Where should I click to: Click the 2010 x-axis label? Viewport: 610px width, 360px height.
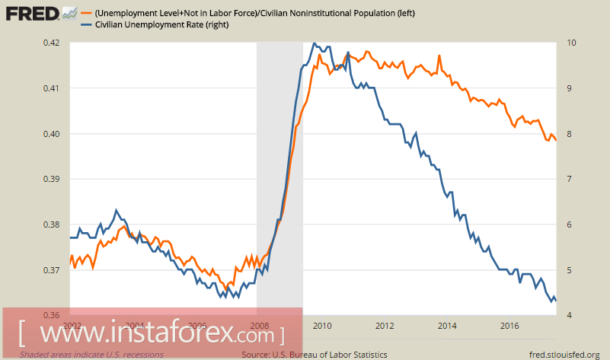[322, 326]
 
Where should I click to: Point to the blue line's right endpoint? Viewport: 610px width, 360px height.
[556, 301]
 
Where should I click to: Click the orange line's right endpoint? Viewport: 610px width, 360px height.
[556, 140]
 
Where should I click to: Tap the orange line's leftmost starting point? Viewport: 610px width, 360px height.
[69, 266]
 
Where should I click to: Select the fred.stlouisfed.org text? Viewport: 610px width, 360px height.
[564, 355]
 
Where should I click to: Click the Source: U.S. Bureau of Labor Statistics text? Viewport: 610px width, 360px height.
[314, 355]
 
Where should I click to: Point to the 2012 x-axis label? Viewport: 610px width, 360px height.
[385, 326]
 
